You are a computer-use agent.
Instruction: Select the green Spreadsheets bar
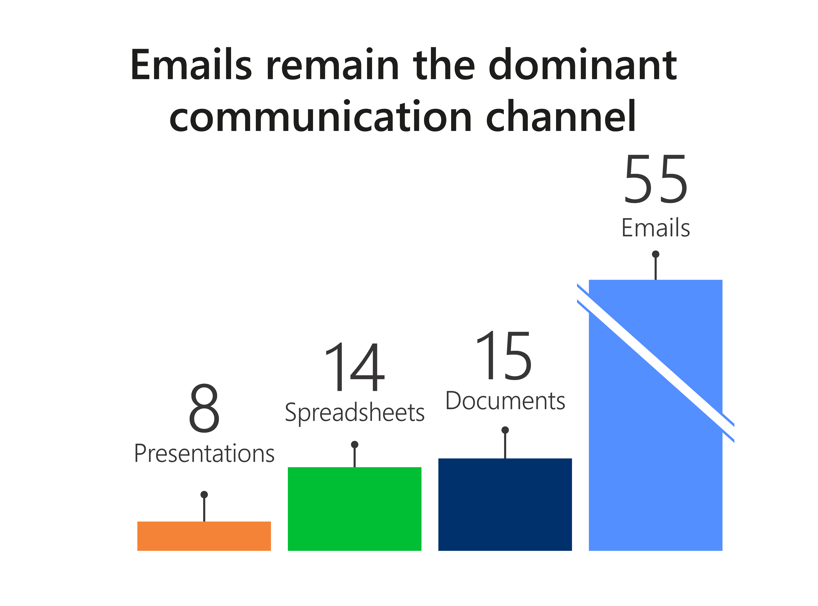(x=354, y=509)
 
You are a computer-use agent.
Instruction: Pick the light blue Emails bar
(x=656, y=415)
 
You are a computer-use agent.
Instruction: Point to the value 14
(x=354, y=367)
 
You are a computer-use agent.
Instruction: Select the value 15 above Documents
(x=504, y=355)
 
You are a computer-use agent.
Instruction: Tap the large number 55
(x=656, y=179)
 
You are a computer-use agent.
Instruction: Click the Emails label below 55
(x=656, y=228)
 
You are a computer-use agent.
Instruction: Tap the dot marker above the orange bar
(x=204, y=495)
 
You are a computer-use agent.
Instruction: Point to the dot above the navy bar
(x=505, y=430)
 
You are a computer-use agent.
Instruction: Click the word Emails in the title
(x=191, y=64)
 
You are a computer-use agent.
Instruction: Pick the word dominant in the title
(x=583, y=64)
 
